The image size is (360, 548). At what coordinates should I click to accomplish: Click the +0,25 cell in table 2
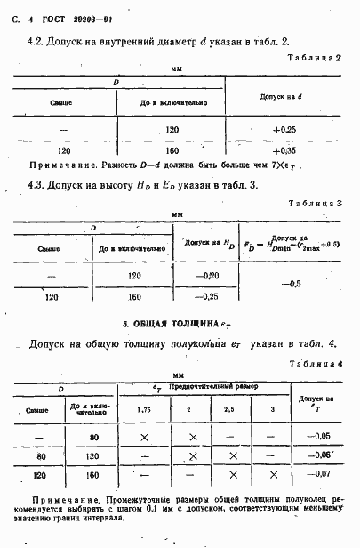coord(284,129)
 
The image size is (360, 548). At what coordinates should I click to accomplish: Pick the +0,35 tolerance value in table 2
coord(284,151)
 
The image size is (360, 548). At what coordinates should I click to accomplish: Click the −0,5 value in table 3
coord(290,285)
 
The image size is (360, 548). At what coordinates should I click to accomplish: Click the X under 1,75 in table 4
coord(144,437)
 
